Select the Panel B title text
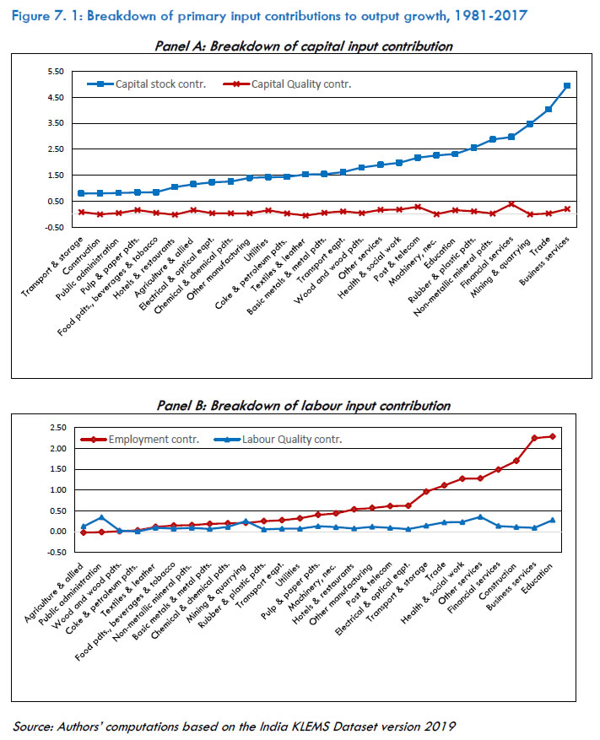[304, 406]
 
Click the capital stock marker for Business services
[567, 86]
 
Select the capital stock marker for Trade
[549, 110]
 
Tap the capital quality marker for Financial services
[511, 204]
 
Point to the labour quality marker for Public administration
[101, 518]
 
